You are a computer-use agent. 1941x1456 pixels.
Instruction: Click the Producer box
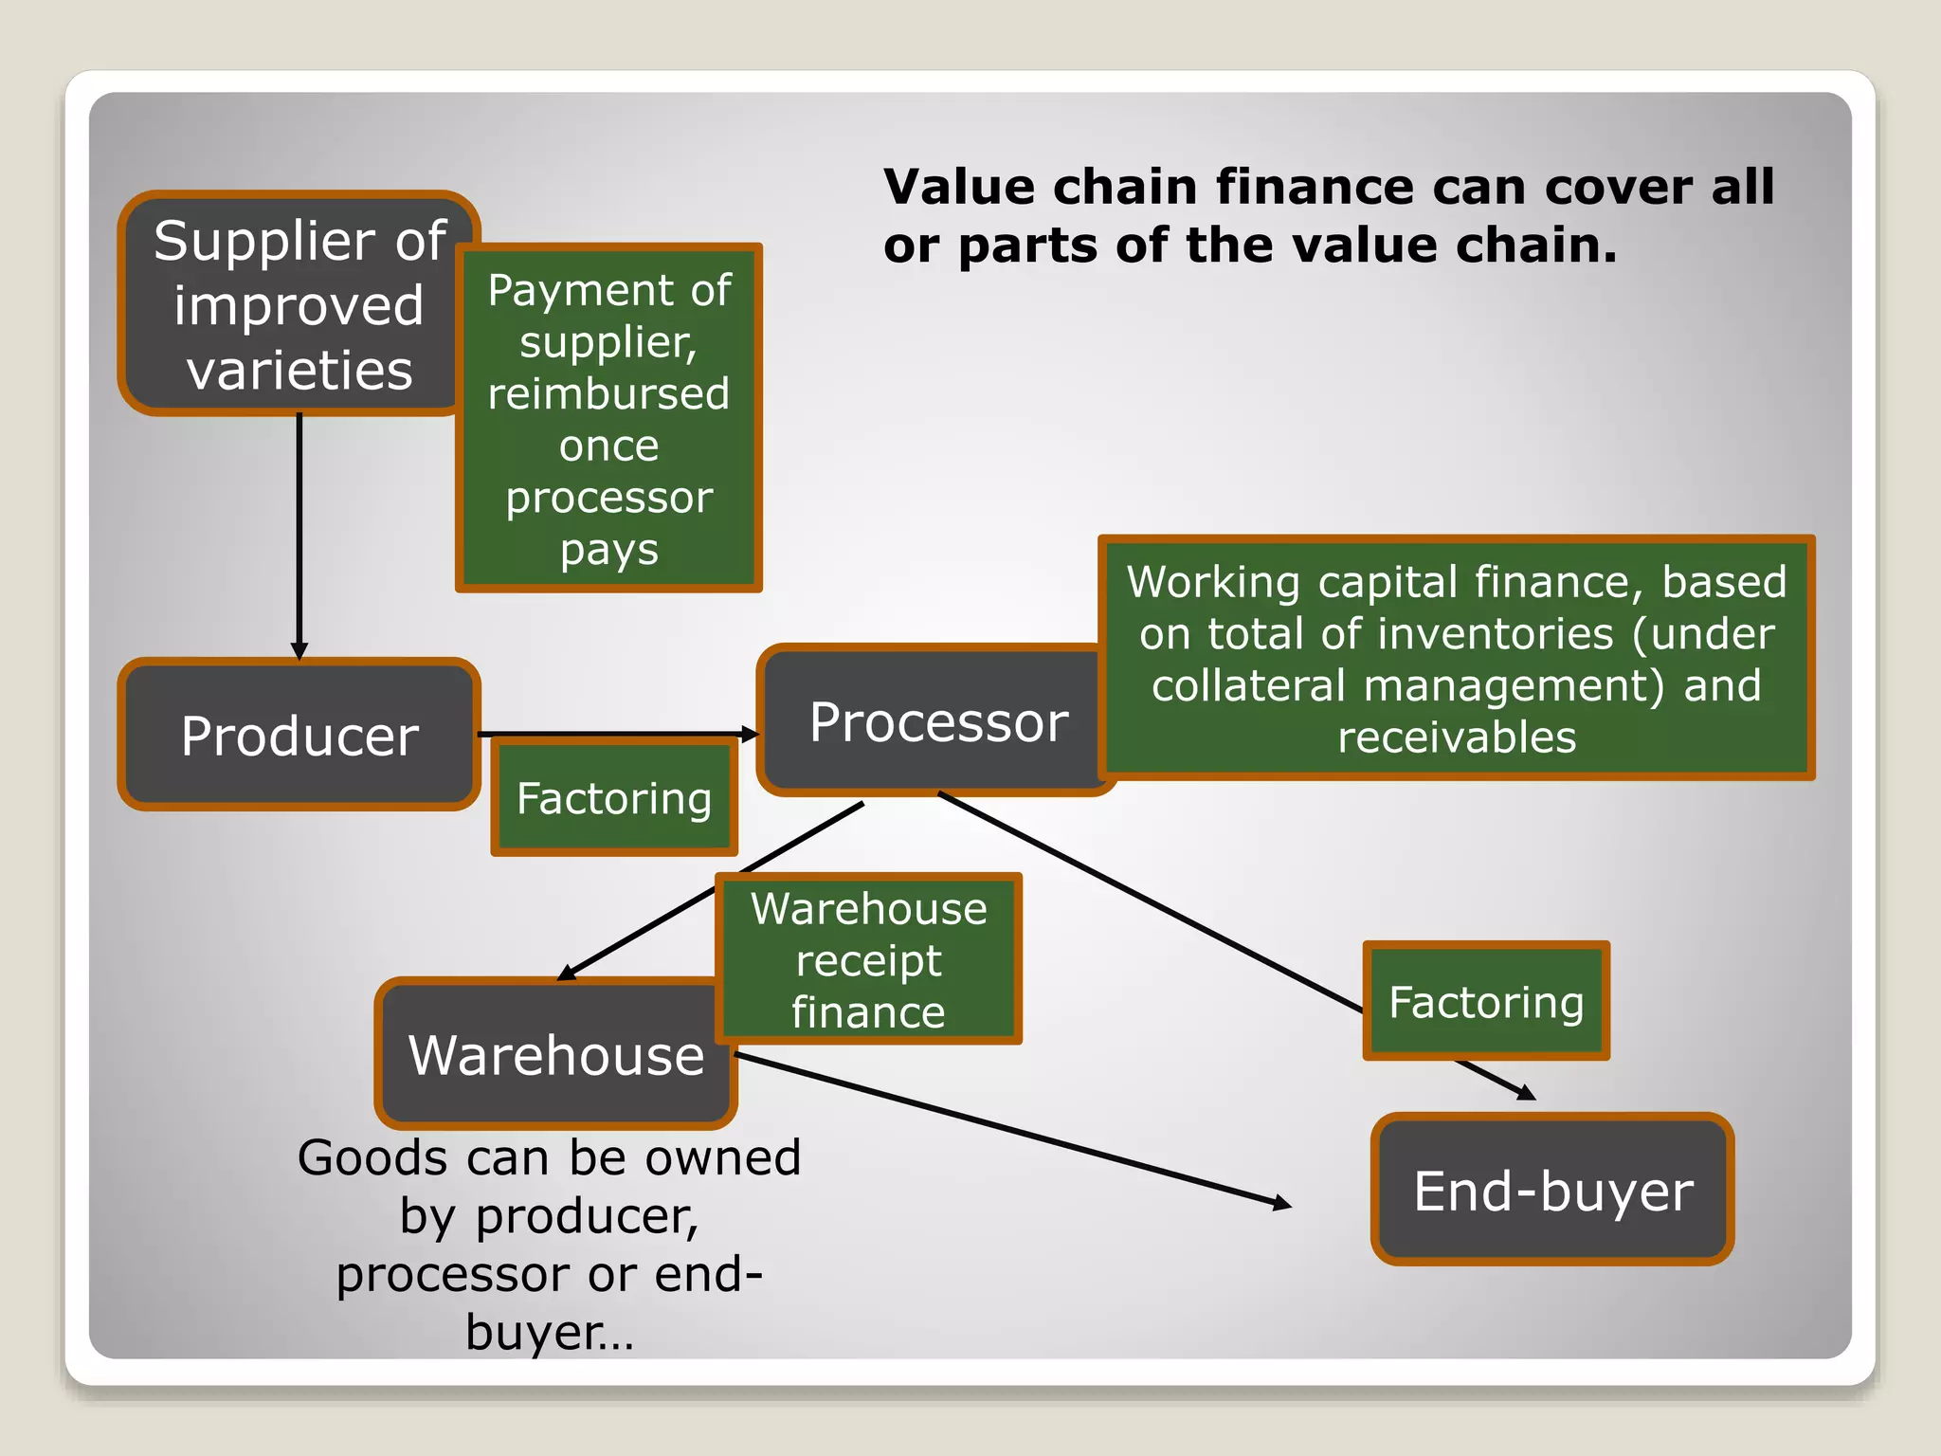(299, 735)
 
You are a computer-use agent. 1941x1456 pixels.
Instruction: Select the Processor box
(934, 720)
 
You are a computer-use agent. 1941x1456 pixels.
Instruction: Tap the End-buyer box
(1552, 1190)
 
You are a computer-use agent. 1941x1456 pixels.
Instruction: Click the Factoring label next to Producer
(613, 798)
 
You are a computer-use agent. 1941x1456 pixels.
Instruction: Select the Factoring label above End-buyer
(1485, 1001)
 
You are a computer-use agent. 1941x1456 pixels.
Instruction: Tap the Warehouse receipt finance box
(868, 959)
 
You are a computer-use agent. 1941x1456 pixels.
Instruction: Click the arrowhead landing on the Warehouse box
(567, 973)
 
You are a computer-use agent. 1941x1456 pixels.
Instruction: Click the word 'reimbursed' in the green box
(608, 393)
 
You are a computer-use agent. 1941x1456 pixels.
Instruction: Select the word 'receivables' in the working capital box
(1457, 737)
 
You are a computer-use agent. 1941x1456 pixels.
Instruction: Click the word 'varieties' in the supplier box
(299, 370)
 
